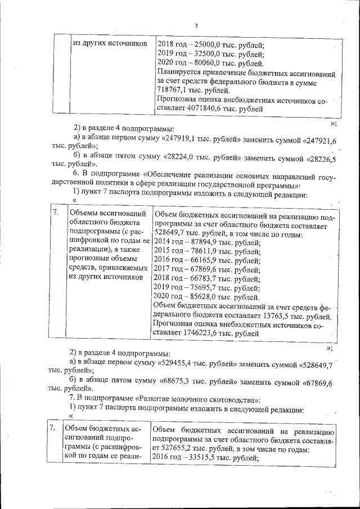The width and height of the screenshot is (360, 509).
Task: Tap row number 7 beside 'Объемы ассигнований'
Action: click(56, 213)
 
